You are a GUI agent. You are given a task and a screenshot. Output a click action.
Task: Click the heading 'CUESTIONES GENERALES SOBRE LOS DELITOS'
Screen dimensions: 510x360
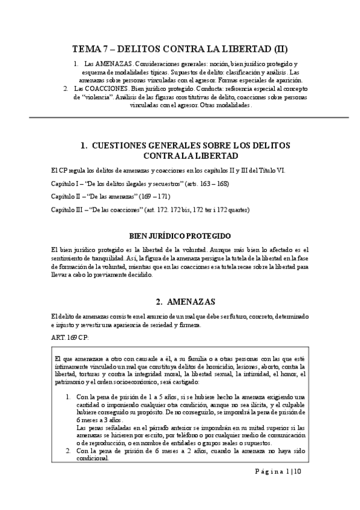click(185, 146)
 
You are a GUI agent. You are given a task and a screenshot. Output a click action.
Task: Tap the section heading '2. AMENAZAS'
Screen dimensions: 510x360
click(180, 301)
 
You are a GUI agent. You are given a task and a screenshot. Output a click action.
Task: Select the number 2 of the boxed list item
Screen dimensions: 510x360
click(67, 450)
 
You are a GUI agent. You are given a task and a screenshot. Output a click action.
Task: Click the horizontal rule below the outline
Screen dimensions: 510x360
click(180, 117)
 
